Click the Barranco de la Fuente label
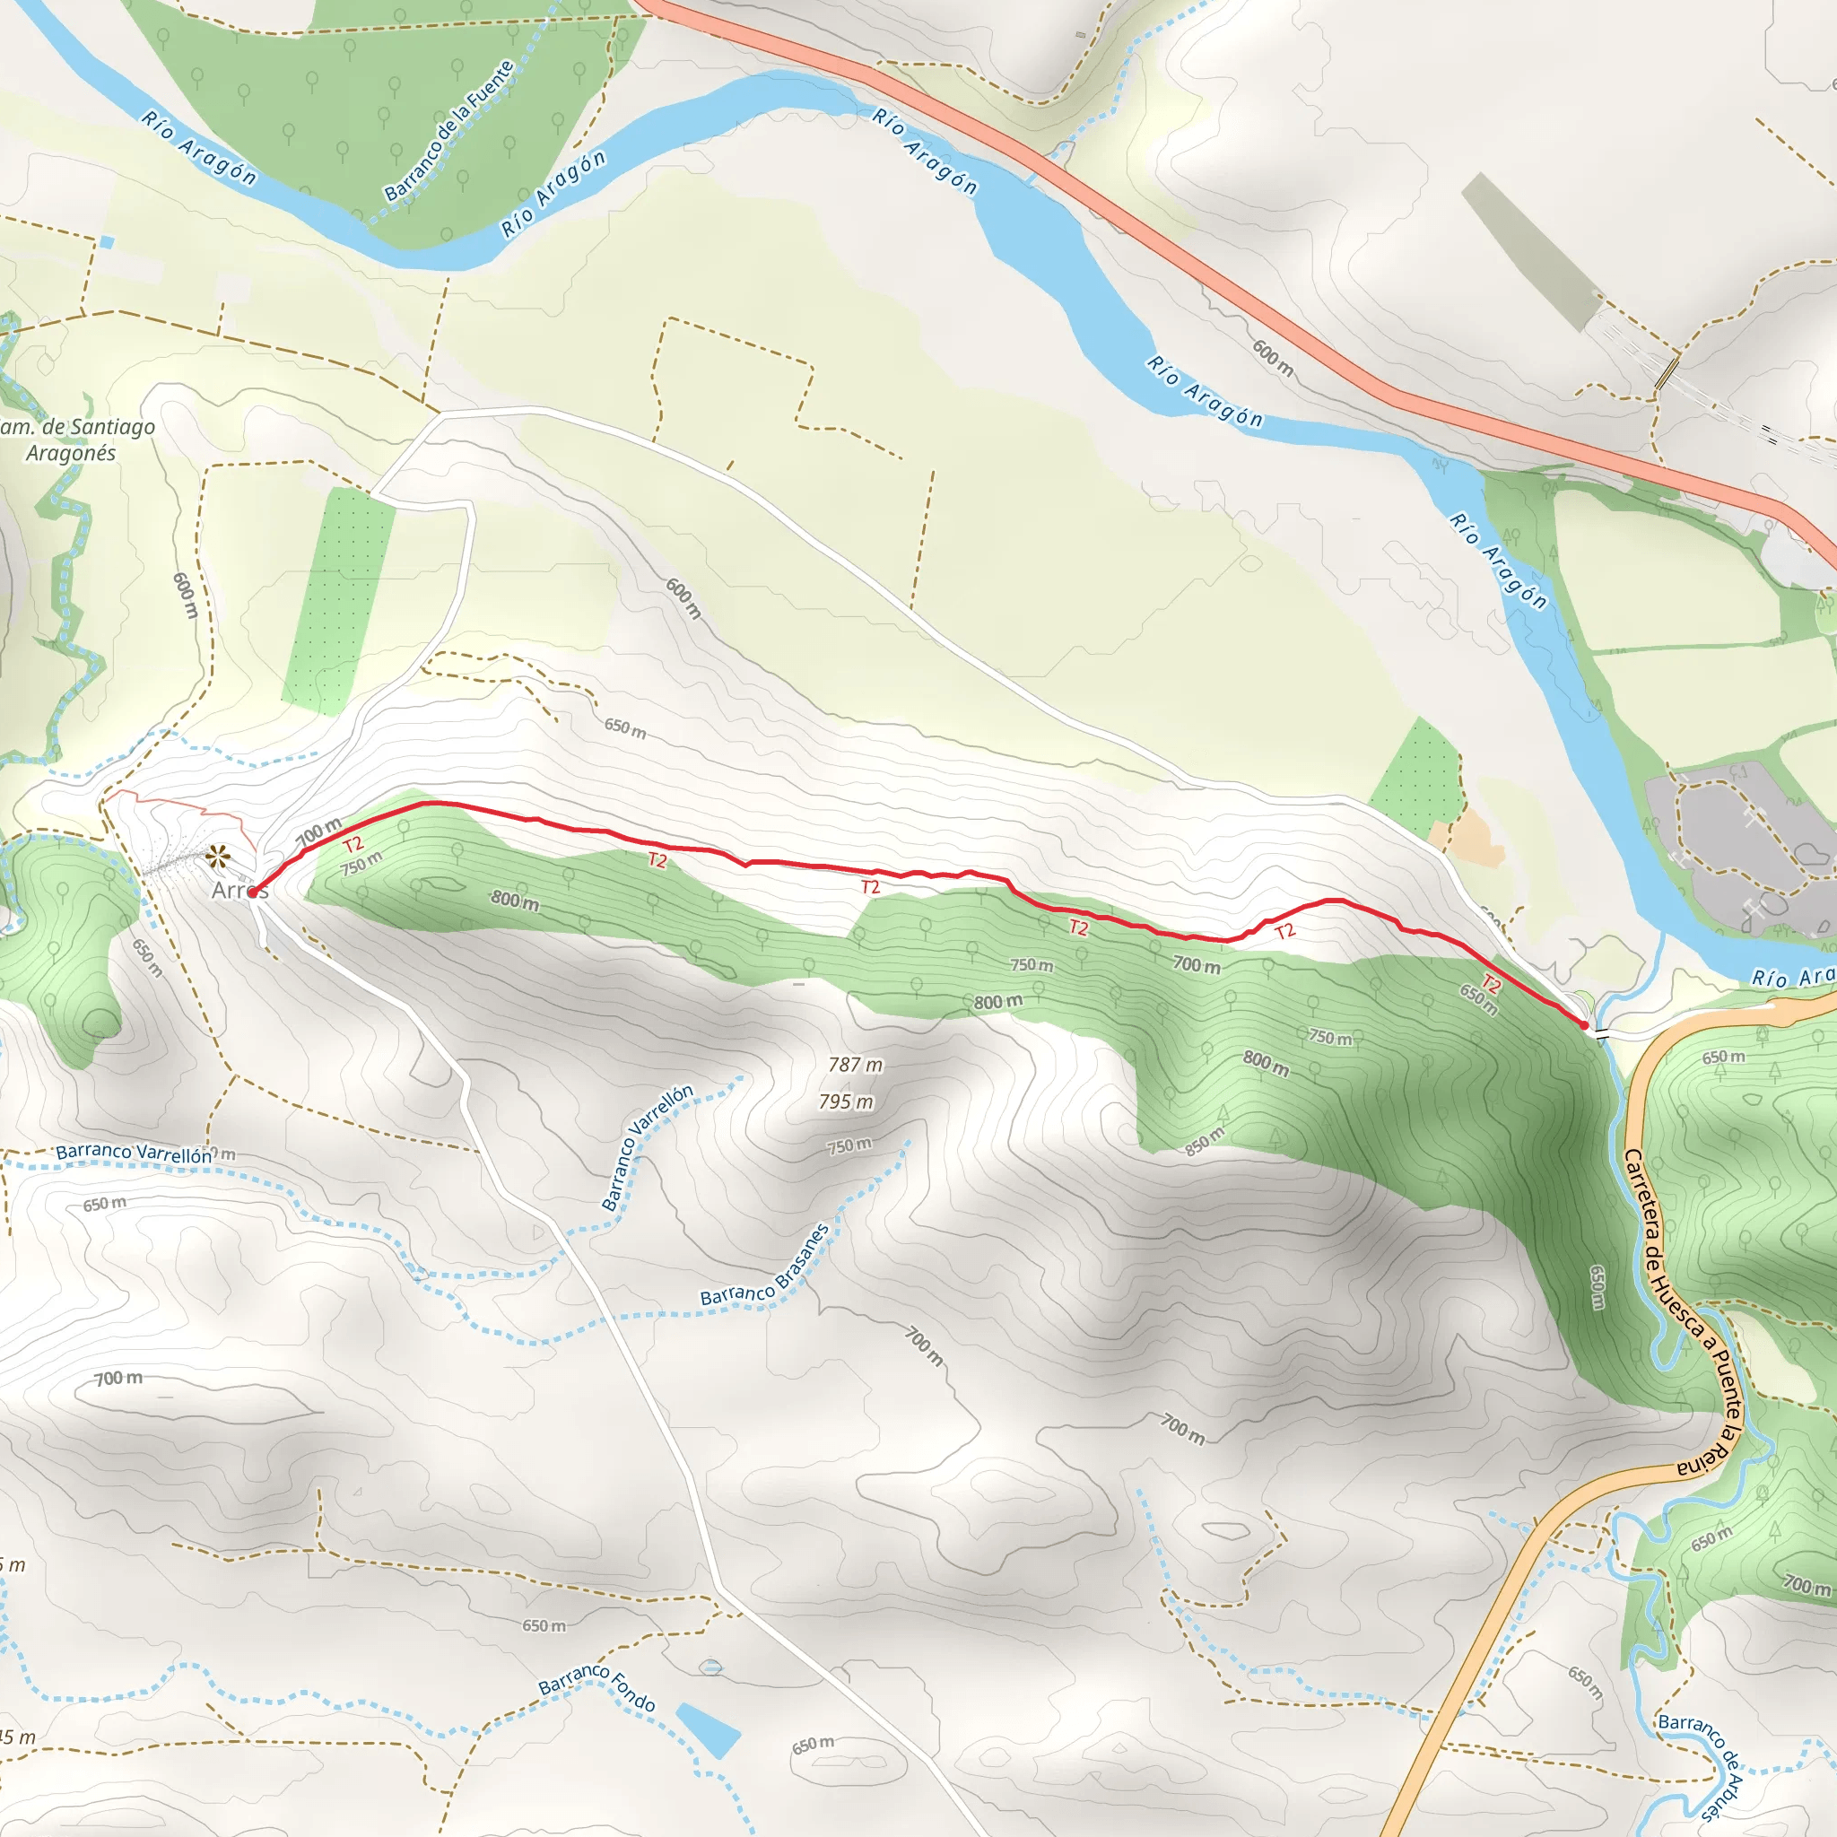[449, 131]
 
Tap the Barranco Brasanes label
[765, 1266]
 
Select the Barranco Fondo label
[597, 1688]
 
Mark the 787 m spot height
[855, 1065]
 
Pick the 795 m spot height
[845, 1102]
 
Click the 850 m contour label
[1204, 1142]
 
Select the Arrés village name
[239, 891]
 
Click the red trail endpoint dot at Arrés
[252, 892]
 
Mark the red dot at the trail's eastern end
[1583, 1025]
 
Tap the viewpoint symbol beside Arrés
[218, 858]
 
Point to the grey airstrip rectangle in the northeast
[1532, 252]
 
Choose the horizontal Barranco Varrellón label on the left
[133, 1153]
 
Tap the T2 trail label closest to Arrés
[353, 844]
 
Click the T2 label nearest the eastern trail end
[1491, 985]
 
